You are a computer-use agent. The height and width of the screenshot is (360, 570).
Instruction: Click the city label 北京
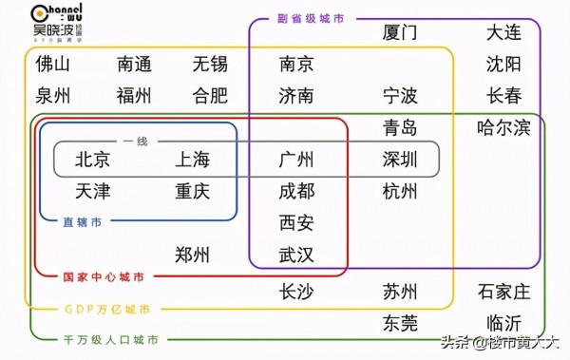(x=92, y=160)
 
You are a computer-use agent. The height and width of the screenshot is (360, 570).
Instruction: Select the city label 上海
(x=192, y=160)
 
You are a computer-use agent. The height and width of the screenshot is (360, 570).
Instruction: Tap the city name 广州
(x=296, y=160)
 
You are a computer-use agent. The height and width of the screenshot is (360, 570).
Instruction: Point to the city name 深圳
(x=400, y=160)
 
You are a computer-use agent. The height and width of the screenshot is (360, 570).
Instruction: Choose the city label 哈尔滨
(x=503, y=128)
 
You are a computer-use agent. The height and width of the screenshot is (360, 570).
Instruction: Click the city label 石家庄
(x=503, y=291)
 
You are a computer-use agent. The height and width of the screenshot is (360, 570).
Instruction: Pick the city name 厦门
(x=400, y=33)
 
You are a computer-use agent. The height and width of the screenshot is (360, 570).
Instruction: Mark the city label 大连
(x=503, y=33)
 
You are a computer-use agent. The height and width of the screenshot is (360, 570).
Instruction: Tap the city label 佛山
(x=53, y=66)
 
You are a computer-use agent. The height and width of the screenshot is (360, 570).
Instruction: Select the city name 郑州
(x=192, y=255)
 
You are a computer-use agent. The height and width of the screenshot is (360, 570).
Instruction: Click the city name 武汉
(x=296, y=255)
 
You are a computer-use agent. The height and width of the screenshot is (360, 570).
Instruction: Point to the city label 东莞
(x=400, y=323)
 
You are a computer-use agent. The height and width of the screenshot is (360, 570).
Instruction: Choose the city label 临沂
(x=503, y=323)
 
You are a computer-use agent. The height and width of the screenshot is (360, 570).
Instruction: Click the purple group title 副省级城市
(x=311, y=18)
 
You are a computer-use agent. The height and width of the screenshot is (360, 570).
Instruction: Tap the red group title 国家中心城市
(x=104, y=276)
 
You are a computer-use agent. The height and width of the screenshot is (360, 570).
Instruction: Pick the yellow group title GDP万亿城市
(x=106, y=310)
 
